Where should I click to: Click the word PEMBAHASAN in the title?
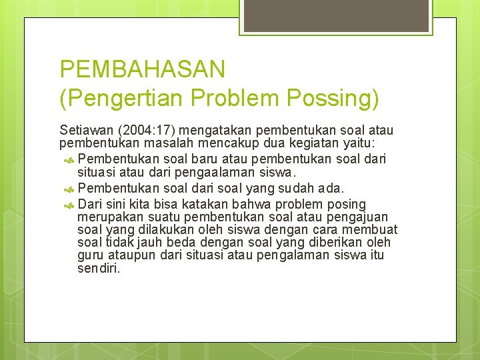pyautogui.click(x=143, y=69)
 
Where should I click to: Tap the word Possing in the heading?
pyautogui.click(x=333, y=99)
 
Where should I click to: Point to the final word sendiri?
pyautogui.click(x=99, y=268)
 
